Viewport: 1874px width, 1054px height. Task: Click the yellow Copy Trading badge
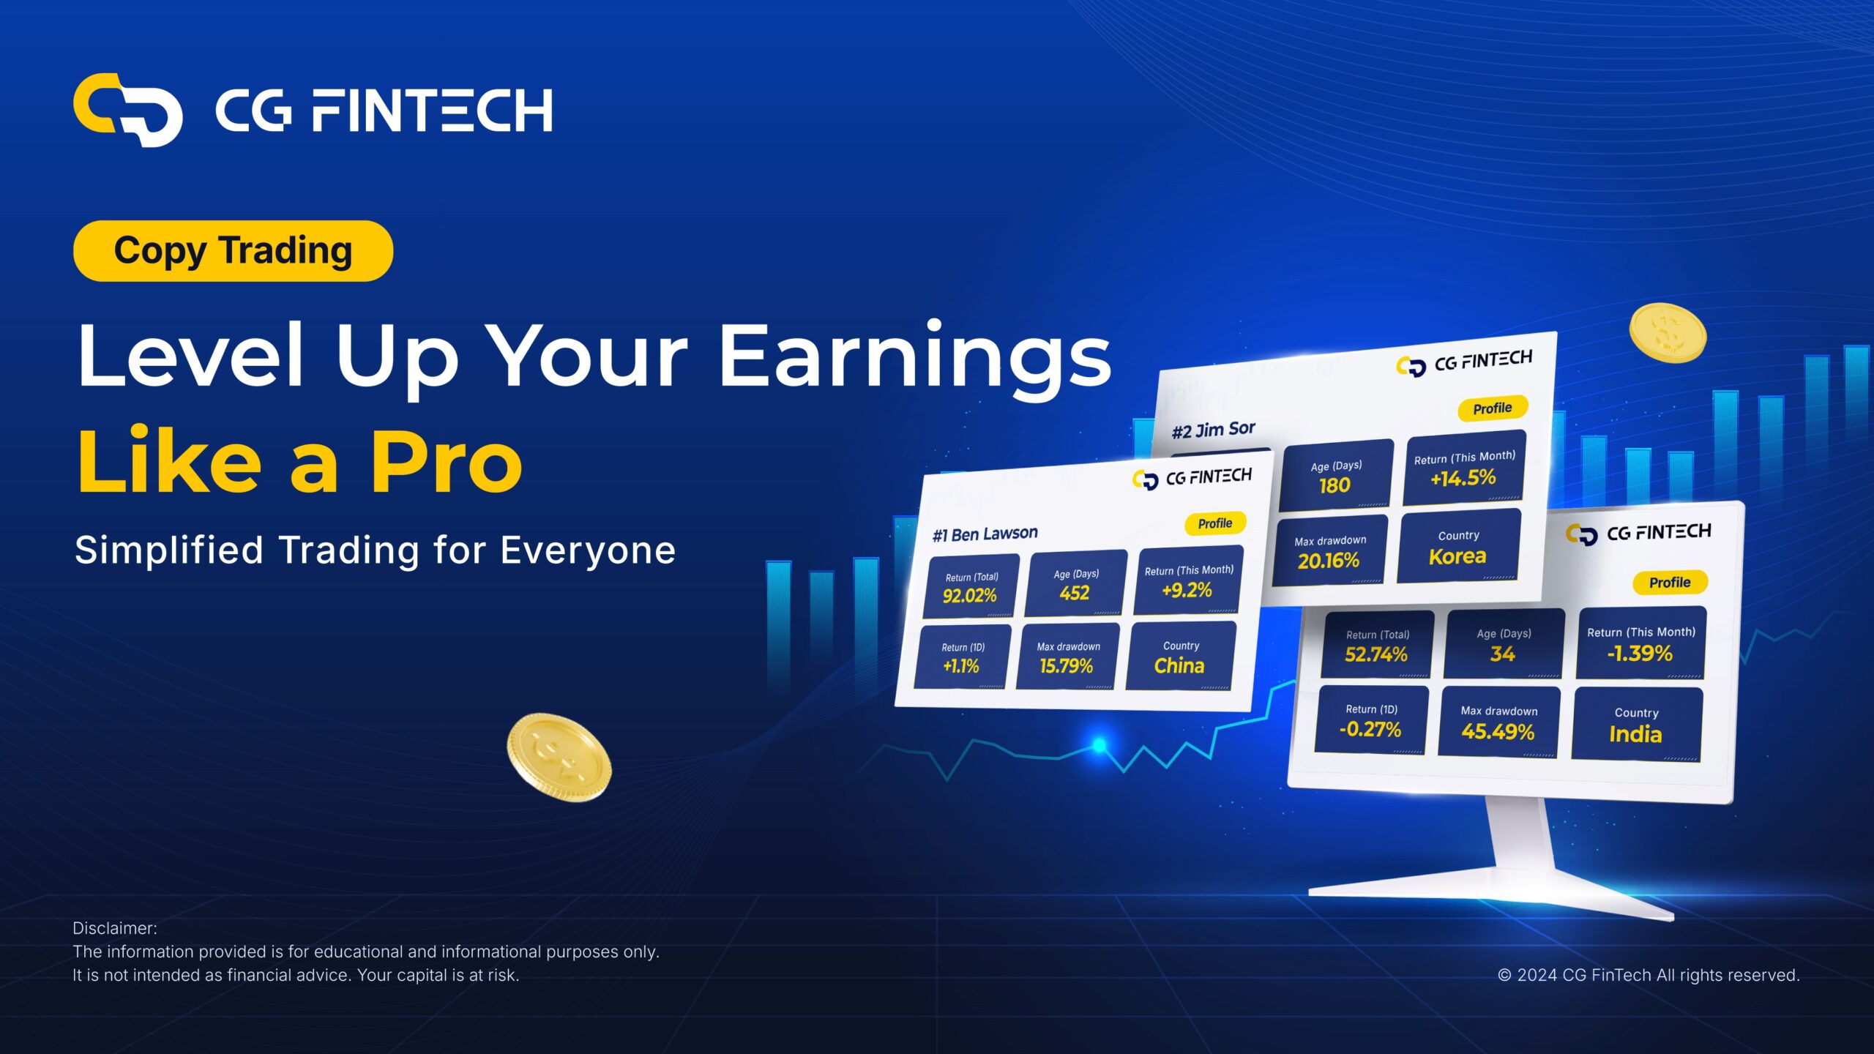[233, 251]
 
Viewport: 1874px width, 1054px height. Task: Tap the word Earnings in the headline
[916, 356]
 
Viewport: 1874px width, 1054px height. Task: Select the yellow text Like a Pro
[300, 461]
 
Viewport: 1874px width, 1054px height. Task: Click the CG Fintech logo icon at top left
[127, 110]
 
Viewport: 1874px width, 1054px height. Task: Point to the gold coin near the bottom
[559, 758]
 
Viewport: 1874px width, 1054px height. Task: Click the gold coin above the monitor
[1668, 333]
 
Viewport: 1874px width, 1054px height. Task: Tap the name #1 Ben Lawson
[985, 534]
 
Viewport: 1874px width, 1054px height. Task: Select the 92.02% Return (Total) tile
[971, 587]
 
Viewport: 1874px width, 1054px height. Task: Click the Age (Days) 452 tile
[1075, 584]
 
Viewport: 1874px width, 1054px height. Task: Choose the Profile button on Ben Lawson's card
[1215, 523]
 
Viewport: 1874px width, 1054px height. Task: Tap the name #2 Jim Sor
[1213, 430]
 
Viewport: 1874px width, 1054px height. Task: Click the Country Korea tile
[1458, 547]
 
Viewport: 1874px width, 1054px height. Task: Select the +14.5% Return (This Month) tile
[1464, 468]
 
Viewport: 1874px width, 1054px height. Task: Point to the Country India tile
[1637, 725]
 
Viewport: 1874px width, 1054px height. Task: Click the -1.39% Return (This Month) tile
[1641, 643]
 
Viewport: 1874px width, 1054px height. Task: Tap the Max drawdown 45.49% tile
[1498, 722]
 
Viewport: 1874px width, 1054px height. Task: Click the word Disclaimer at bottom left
[115, 928]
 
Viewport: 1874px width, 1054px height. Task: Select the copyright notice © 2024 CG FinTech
[1649, 975]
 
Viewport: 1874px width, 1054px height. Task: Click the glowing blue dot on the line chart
[1100, 745]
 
